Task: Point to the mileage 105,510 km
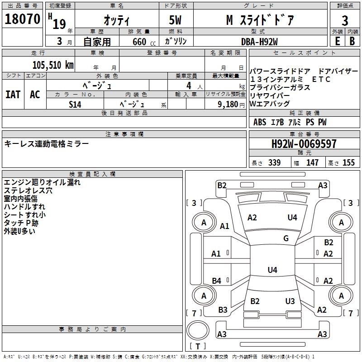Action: [53, 65]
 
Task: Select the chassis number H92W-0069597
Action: [304, 144]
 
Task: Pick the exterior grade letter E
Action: [337, 41]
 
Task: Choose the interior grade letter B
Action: [352, 41]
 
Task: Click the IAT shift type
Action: [13, 95]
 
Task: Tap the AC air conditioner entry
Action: [35, 95]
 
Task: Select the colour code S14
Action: [75, 104]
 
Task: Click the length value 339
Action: [274, 163]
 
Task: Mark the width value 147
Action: [312, 163]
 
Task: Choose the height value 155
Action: [348, 163]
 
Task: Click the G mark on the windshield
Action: [286, 238]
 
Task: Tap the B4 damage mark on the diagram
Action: [217, 281]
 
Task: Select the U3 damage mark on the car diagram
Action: [290, 301]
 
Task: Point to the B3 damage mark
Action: [223, 310]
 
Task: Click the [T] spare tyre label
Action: [198, 346]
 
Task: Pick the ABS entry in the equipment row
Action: [260, 122]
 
